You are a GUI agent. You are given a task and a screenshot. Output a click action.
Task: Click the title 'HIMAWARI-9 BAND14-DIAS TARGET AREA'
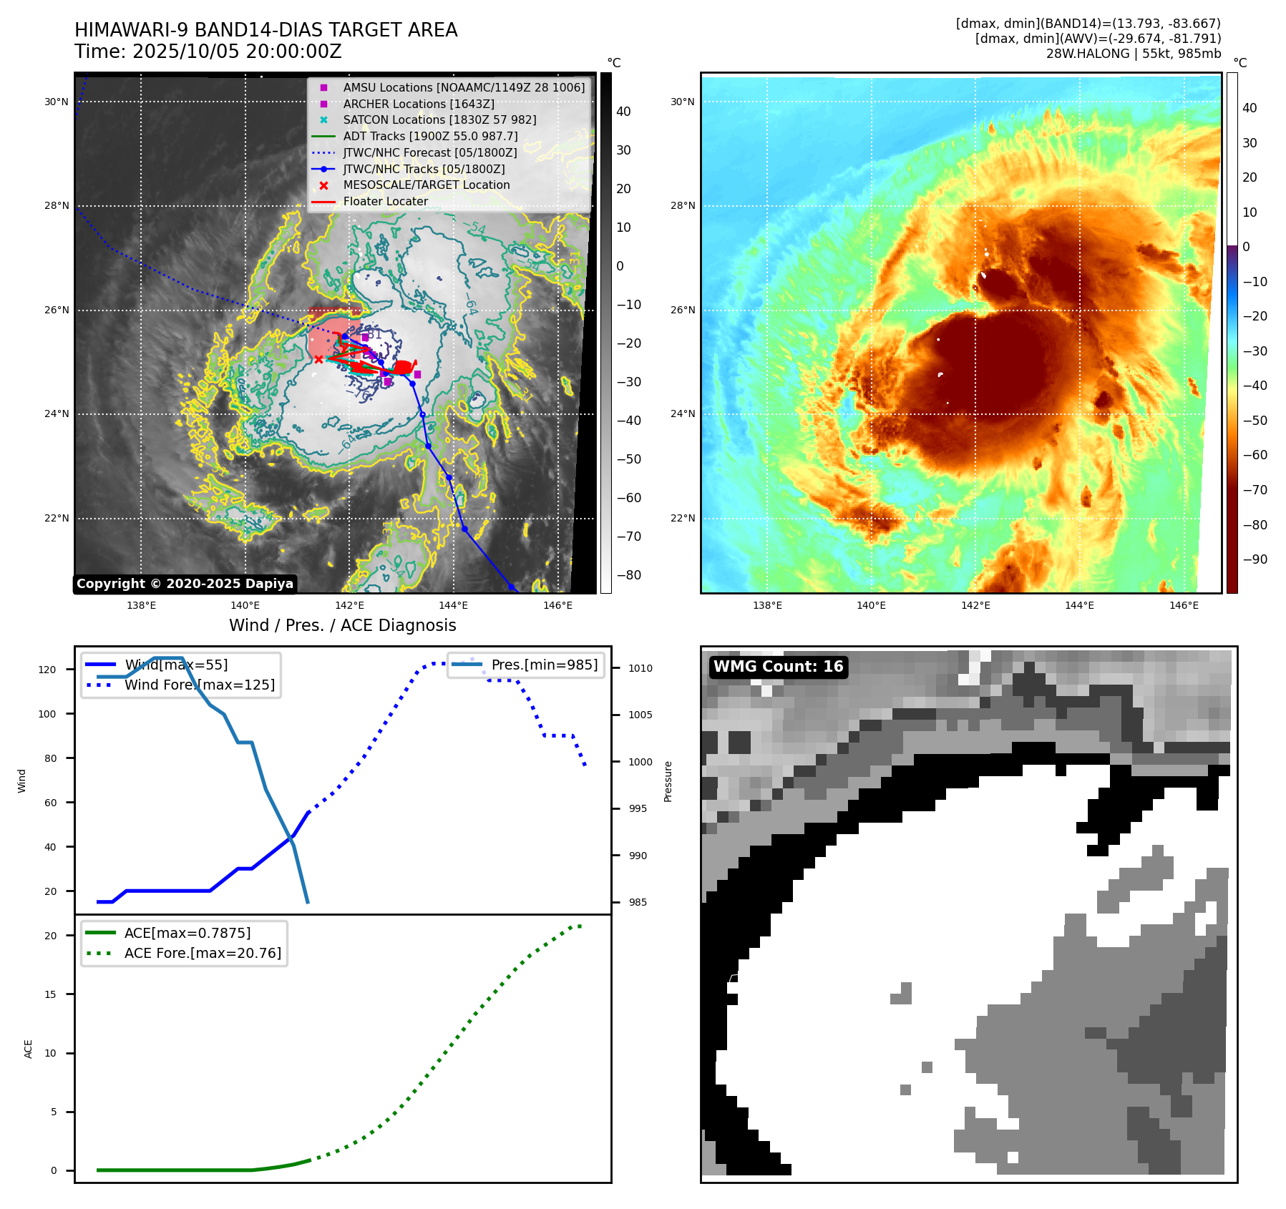pos(266,30)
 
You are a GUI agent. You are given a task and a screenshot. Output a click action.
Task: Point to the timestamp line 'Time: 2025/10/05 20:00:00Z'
pos(208,52)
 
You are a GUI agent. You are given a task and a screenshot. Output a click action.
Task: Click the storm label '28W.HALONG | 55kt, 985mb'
pos(1133,54)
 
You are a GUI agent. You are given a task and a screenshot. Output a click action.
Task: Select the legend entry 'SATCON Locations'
pos(439,119)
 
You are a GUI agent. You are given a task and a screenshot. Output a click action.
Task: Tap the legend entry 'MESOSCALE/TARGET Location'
pos(426,185)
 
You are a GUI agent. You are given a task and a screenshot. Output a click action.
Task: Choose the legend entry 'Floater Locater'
pos(385,201)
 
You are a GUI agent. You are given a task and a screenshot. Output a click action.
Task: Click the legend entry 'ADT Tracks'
pos(430,136)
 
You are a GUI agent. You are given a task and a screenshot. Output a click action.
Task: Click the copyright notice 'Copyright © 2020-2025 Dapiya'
pos(185,584)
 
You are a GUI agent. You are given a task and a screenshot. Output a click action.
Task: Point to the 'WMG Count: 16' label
pos(778,667)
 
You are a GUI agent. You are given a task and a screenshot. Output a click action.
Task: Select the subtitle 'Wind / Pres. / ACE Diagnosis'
pos(342,625)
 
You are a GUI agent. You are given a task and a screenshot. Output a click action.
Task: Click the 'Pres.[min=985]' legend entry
pos(544,665)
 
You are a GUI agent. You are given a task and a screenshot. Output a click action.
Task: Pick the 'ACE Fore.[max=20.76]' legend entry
pos(203,953)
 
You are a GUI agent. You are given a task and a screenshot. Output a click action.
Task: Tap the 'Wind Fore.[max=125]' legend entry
pos(199,685)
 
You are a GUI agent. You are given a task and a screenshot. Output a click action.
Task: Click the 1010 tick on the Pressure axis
pos(640,668)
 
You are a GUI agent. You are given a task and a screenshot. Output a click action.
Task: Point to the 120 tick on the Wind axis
pos(47,670)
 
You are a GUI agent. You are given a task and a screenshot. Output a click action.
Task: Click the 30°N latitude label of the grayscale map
pos(57,102)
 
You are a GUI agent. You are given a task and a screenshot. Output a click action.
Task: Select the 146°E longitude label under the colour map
pos(1184,605)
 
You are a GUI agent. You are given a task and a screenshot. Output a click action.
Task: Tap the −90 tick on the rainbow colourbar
pos(1255,559)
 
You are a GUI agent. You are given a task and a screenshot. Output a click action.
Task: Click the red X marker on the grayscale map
pos(318,359)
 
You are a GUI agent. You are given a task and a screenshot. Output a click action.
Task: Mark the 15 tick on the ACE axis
pos(50,994)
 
